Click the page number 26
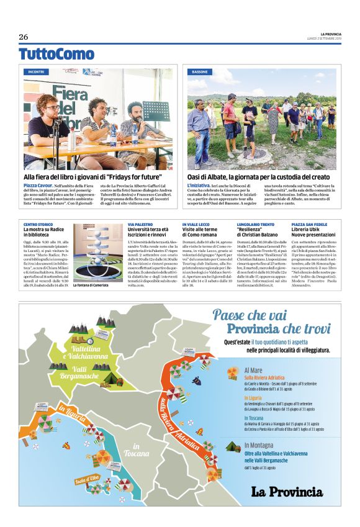pos(24,37)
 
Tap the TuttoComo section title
pos(56,54)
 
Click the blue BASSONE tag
pos(200,72)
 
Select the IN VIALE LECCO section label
pos(195,224)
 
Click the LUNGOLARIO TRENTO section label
pos(255,224)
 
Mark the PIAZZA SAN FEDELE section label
pos(309,224)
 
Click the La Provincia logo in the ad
pos(287,492)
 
